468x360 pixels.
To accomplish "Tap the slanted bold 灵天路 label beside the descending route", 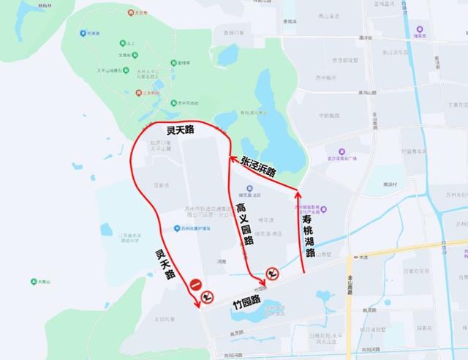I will [165, 264].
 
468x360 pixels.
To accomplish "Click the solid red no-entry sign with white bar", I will [196, 285].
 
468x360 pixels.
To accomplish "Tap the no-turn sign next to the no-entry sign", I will [208, 295].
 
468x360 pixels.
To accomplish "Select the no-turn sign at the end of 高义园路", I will [272, 274].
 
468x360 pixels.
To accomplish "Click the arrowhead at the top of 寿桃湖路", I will [297, 192].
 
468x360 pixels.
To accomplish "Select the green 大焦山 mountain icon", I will [33, 280].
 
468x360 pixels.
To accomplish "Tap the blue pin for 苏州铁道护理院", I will [176, 228].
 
